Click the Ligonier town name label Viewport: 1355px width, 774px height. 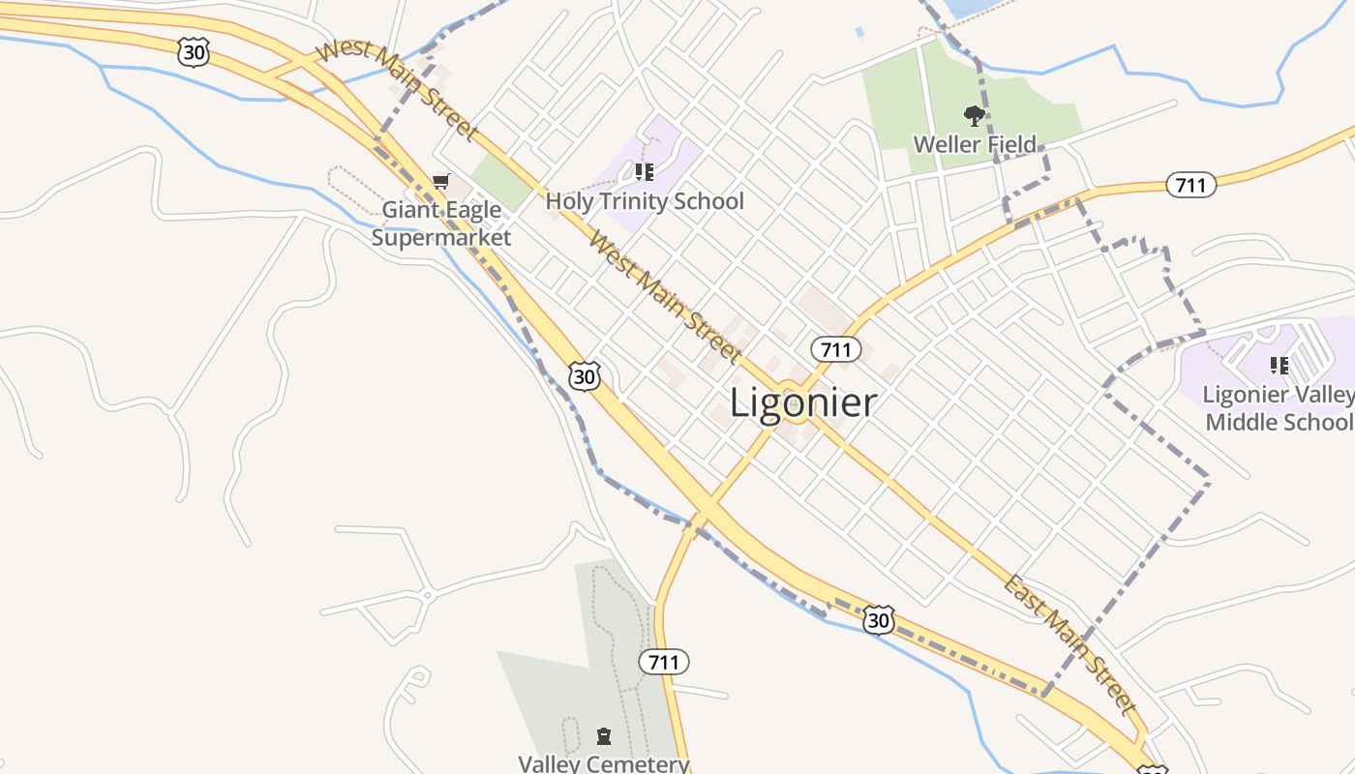pyautogui.click(x=802, y=402)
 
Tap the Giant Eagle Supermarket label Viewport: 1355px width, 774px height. pyautogui.click(x=441, y=223)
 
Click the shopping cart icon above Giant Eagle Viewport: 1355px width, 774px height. pyautogui.click(x=441, y=181)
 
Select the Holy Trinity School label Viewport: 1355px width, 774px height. pyautogui.click(x=645, y=201)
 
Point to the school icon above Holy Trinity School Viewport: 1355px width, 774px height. pyautogui.click(x=645, y=172)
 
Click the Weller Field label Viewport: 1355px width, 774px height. pyautogui.click(x=975, y=145)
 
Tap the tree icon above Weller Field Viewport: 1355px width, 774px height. pyautogui.click(x=975, y=116)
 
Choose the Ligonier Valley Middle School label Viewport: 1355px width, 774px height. pyautogui.click(x=1279, y=408)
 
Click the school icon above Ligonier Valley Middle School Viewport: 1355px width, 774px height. pyautogui.click(x=1280, y=365)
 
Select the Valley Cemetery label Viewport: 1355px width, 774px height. pyautogui.click(x=604, y=763)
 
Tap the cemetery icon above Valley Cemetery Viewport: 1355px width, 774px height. pyautogui.click(x=604, y=736)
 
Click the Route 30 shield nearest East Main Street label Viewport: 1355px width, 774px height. pyautogui.click(x=878, y=619)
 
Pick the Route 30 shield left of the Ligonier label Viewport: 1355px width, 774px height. pyautogui.click(x=585, y=375)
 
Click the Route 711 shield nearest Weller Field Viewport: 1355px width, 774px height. pyautogui.click(x=1189, y=184)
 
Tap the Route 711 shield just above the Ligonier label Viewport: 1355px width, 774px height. pyautogui.click(x=835, y=348)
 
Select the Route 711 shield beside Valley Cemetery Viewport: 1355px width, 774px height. pyautogui.click(x=664, y=662)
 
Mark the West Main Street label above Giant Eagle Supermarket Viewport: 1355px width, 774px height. pyautogui.click(x=398, y=89)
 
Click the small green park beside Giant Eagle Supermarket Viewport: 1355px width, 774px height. pyautogui.click(x=499, y=180)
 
